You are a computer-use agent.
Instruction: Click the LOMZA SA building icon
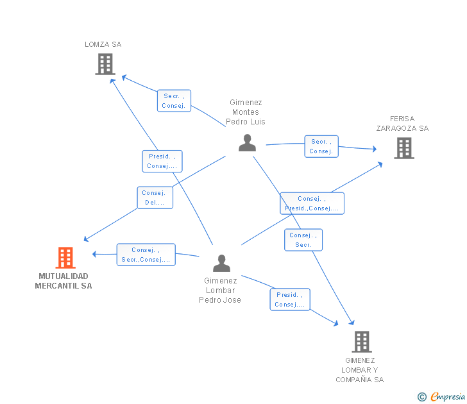pos(105,64)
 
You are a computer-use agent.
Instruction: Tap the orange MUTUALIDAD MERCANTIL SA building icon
pos(65,258)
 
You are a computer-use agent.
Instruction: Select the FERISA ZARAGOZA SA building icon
pos(403,148)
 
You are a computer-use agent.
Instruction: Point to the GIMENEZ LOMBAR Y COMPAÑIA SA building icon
pos(362,342)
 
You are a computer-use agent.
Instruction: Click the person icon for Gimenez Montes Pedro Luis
pos(247,143)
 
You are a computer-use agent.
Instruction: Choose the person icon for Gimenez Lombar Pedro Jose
pos(221,264)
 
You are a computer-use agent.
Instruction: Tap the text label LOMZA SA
pos(103,45)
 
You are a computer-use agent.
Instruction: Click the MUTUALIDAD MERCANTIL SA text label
pos(64,281)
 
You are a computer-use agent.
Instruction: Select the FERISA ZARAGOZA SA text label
pos(402,124)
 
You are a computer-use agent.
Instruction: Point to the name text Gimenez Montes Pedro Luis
pos(246,112)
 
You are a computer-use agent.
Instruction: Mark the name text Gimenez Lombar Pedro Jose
pos(220,290)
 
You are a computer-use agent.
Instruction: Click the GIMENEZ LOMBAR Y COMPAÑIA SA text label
pos(359,370)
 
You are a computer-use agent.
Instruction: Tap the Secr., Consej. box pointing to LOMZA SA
pos(174,101)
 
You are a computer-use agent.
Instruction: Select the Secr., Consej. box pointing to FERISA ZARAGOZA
pos(321,146)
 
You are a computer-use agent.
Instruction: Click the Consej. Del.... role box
pos(155,198)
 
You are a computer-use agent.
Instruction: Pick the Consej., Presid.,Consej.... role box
pos(312,203)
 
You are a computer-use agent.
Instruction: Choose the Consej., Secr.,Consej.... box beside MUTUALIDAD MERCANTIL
pos(146,255)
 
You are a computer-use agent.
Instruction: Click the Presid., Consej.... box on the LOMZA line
pos(162,161)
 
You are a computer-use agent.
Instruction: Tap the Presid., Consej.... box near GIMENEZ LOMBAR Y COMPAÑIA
pos(289,299)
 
